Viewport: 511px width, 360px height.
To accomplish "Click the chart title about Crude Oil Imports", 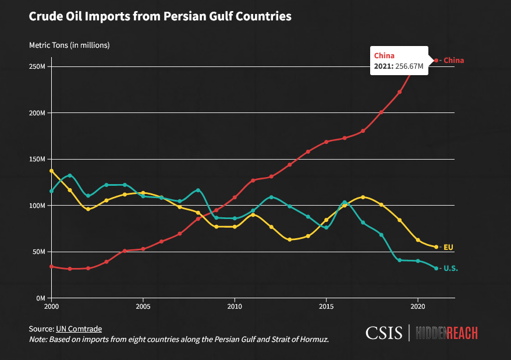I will click(159, 17).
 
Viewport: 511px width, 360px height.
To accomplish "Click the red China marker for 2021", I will click(437, 61).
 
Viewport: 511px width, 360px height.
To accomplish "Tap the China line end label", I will click(453, 61).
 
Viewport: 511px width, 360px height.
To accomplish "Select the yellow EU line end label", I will click(448, 247).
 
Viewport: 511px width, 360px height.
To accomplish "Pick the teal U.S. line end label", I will click(450, 268).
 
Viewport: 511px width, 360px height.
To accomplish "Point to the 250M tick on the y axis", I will click(37, 66).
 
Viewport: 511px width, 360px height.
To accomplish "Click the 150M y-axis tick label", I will click(37, 159).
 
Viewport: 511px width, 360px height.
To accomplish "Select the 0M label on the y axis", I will click(40, 298).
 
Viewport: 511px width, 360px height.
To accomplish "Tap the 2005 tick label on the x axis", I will click(143, 306).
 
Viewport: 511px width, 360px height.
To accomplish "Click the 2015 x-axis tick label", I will click(326, 306).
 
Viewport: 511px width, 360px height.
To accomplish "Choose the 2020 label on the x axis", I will click(418, 306).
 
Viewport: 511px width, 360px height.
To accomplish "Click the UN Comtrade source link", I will click(79, 329).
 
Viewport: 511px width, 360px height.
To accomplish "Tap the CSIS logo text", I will click(385, 333).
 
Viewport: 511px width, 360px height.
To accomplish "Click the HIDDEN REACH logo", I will click(446, 333).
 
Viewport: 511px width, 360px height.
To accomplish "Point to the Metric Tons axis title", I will click(69, 45).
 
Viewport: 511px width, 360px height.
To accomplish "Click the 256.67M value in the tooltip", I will click(409, 66).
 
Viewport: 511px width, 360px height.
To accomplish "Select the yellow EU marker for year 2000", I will click(51, 171).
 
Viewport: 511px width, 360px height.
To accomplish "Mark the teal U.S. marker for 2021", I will click(437, 268).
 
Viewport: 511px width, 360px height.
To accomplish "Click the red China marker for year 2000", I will click(51, 266).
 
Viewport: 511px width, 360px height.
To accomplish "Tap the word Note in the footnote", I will click(38, 339).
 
